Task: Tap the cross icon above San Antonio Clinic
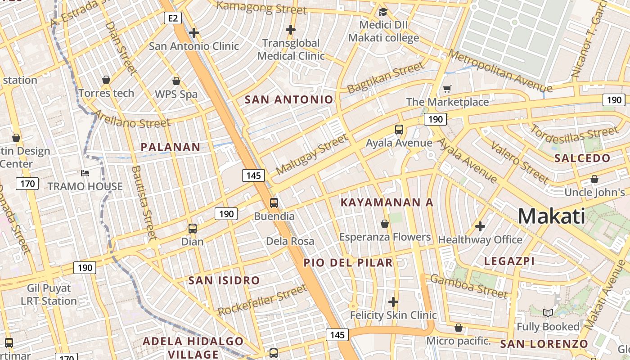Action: tap(194, 33)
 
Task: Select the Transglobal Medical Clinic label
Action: tap(291, 49)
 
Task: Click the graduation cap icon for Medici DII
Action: tap(383, 12)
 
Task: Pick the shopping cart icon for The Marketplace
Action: tap(447, 89)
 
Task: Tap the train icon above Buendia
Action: tap(274, 203)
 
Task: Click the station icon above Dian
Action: tap(193, 229)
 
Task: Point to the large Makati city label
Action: tap(551, 216)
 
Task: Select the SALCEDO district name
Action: tap(582, 158)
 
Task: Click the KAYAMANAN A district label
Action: tap(387, 202)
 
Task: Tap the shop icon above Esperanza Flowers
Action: tap(385, 224)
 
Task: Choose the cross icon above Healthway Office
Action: tap(480, 226)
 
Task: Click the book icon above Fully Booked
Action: tap(548, 313)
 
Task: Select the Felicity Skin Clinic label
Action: tap(393, 315)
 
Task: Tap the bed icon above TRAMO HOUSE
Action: tap(85, 173)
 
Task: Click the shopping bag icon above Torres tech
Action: tap(106, 80)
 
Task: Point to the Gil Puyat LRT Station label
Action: tap(49, 294)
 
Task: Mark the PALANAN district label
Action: tap(171, 147)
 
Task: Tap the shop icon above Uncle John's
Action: tap(594, 180)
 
